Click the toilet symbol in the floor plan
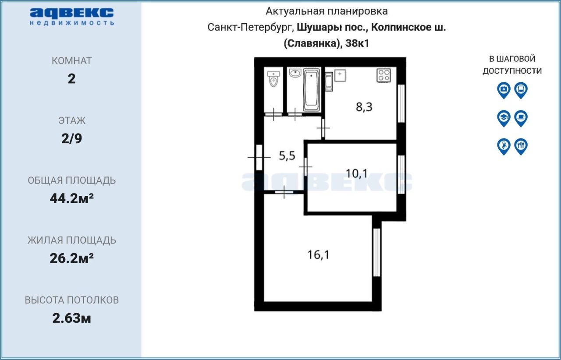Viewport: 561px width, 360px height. (x=273, y=79)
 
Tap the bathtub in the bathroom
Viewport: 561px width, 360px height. (x=311, y=90)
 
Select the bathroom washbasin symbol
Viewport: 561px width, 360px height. (x=295, y=73)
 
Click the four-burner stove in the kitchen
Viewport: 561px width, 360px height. (x=383, y=75)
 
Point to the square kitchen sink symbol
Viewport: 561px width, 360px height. (x=340, y=75)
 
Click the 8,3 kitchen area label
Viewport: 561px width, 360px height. (x=364, y=107)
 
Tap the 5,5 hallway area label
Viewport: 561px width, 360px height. (x=287, y=156)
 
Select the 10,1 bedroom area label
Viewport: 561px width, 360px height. (x=357, y=173)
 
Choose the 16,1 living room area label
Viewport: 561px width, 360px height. (x=318, y=255)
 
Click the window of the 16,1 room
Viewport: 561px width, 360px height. (x=376, y=252)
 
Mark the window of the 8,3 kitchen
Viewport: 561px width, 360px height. (x=401, y=104)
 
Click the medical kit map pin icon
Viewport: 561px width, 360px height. (x=504, y=90)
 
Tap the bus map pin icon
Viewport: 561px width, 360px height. (x=521, y=90)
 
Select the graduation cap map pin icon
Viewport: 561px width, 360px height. (x=504, y=118)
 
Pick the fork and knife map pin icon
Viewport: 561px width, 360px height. (x=521, y=146)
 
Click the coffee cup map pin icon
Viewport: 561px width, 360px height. (x=521, y=118)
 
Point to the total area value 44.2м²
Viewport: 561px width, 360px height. (x=71, y=198)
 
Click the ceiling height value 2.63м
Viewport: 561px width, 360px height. (x=71, y=318)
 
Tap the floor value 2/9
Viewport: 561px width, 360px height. (x=71, y=138)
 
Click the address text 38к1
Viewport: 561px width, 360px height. (x=357, y=43)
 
